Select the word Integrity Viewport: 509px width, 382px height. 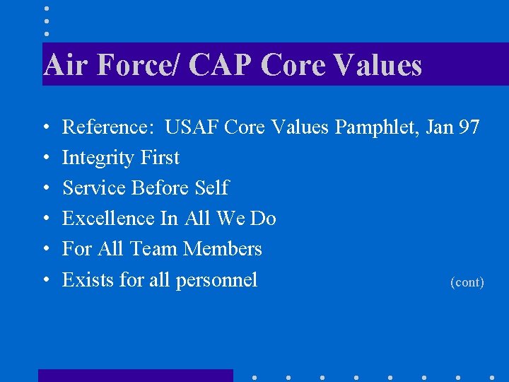pos(98,158)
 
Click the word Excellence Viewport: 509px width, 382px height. pos(109,219)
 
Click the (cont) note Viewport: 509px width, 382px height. pos(467,282)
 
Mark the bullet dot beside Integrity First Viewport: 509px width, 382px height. pos(45,158)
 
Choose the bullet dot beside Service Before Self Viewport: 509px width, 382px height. pos(45,189)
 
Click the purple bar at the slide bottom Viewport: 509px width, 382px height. pos(135,376)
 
